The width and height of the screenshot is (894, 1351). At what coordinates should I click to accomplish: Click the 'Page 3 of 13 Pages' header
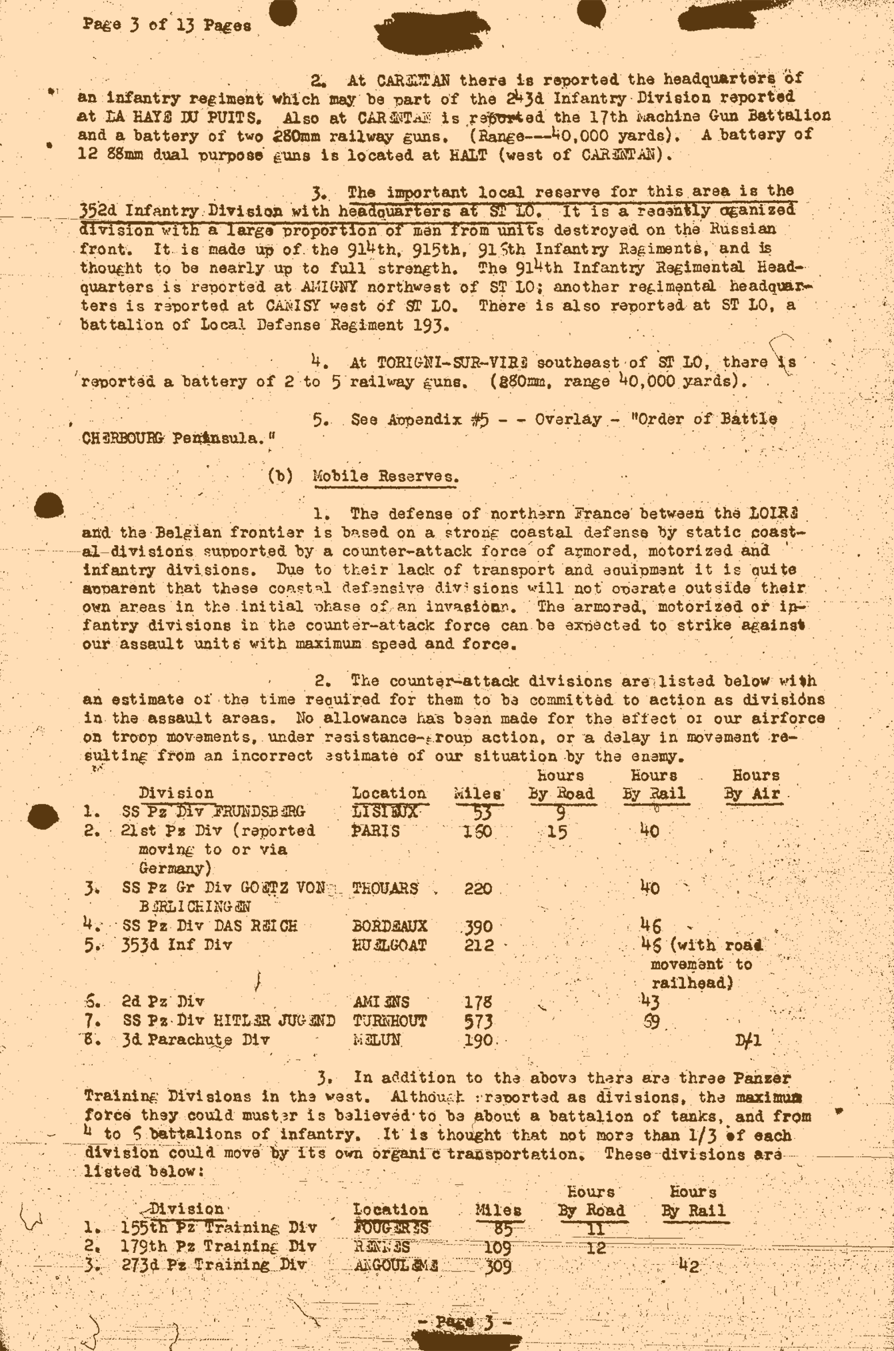tap(167, 26)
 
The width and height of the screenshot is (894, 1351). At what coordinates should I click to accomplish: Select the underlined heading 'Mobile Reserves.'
tap(385, 477)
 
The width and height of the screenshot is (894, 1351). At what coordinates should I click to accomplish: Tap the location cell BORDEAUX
tap(389, 926)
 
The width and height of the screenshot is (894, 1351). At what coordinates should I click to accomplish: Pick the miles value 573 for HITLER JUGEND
tap(478, 1021)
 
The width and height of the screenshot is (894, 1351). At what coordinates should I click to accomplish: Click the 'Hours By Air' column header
tap(753, 785)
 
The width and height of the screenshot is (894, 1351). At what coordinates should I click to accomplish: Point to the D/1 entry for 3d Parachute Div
tap(748, 1041)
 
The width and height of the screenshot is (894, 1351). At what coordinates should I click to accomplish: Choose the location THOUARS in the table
tap(385, 888)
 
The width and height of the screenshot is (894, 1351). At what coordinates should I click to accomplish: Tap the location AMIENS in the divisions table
tap(381, 1002)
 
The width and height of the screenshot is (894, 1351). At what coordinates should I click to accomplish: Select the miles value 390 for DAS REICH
tap(478, 926)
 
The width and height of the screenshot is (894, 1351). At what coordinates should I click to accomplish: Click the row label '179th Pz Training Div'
tap(219, 1246)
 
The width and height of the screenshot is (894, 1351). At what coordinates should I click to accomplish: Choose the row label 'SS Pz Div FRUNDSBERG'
tap(213, 812)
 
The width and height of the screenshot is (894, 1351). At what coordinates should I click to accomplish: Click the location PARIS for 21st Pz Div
tap(375, 831)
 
